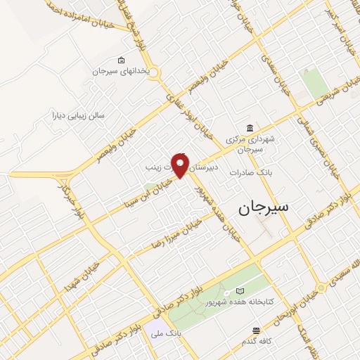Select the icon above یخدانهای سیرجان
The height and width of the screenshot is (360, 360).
(x=122, y=60)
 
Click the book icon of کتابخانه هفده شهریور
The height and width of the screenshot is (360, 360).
(x=241, y=290)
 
